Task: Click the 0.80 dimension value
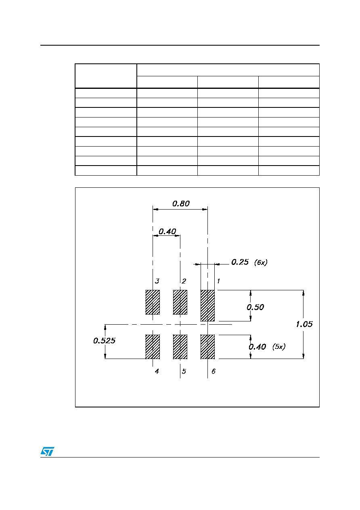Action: (181, 204)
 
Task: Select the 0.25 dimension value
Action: (240, 262)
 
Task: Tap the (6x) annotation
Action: (261, 262)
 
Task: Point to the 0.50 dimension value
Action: (255, 307)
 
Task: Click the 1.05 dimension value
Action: (304, 324)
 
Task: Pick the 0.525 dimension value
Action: (104, 341)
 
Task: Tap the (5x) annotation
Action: (279, 347)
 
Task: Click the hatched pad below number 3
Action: (153, 302)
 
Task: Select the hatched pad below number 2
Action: (180, 302)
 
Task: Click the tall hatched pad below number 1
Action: (207, 306)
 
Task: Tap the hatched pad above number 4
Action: (153, 347)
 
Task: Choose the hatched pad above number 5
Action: (180, 347)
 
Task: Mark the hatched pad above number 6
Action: (207, 347)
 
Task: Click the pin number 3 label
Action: (157, 281)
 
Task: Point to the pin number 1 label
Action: (218, 281)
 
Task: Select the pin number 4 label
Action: (157, 371)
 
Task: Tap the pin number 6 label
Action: (213, 371)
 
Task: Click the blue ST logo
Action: (47, 451)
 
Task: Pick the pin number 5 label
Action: (184, 371)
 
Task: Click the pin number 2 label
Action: (184, 281)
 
